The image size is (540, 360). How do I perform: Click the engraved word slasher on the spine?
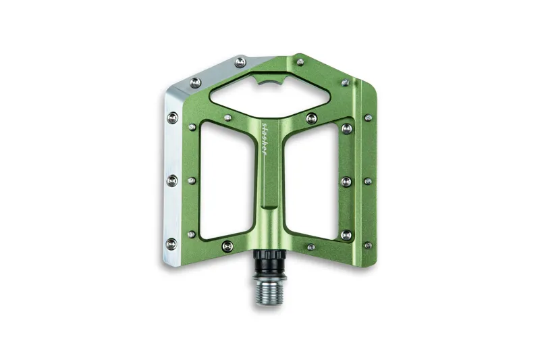click(265, 138)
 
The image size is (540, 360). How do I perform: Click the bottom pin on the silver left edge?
click(171, 243)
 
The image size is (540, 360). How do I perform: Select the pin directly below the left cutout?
click(227, 246)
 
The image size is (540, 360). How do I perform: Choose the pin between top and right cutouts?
click(311, 119)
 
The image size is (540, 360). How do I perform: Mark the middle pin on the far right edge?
click(367, 181)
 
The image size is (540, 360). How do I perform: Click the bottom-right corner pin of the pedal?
click(368, 245)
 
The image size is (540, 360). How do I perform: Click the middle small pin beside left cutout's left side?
click(192, 180)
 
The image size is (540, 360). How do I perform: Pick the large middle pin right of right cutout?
click(346, 181)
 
